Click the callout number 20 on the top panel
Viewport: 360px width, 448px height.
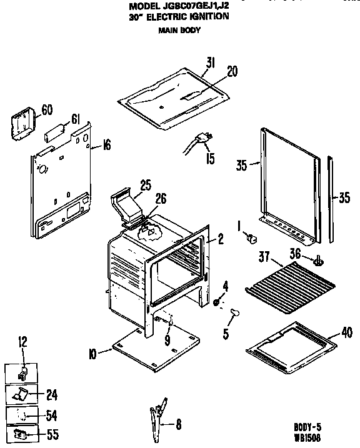click(x=231, y=72)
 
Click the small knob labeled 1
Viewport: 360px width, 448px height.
click(x=252, y=238)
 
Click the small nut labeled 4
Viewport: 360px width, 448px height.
click(x=216, y=302)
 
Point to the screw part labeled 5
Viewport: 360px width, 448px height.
click(x=236, y=312)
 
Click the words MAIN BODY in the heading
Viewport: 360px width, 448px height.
click(x=179, y=30)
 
